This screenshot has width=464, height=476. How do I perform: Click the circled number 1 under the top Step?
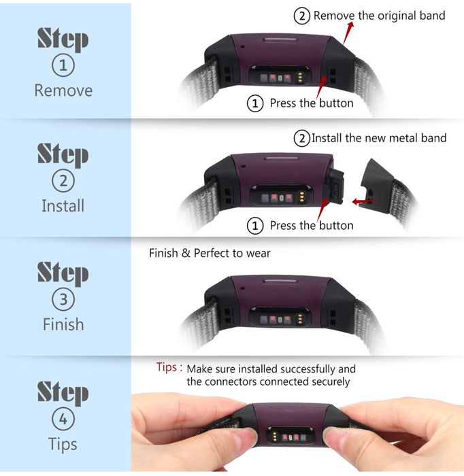point(63,65)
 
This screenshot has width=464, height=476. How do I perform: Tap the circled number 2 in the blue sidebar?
point(63,181)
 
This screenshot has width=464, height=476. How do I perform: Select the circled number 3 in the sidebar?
point(63,299)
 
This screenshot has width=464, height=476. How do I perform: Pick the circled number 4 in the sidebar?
point(63,419)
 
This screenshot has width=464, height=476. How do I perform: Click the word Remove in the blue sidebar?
point(63,90)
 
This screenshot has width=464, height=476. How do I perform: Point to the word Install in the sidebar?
point(63,205)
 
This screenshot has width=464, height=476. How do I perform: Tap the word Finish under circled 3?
point(63,324)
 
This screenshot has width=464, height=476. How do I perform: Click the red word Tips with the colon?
point(169,368)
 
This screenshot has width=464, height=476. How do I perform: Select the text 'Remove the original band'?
point(379,16)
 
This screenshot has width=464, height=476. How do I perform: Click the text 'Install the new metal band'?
point(379,138)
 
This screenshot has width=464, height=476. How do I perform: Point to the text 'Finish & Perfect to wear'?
point(210,253)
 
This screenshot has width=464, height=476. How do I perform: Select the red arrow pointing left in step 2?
point(363,201)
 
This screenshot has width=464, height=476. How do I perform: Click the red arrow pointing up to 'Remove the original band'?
point(348,33)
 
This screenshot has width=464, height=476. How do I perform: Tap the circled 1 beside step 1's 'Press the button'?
point(254,103)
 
